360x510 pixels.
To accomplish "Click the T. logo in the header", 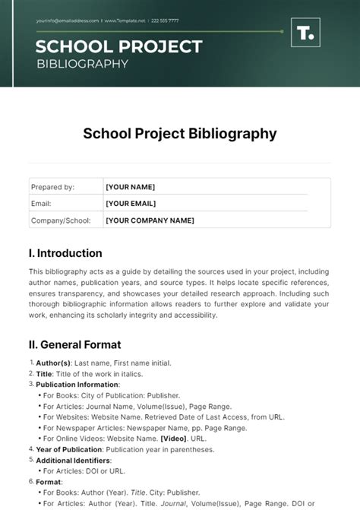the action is pyautogui.click(x=306, y=34).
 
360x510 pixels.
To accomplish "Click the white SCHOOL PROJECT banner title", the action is pyautogui.click(x=118, y=46).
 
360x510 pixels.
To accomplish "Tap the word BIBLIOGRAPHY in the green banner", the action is pyautogui.click(x=82, y=63).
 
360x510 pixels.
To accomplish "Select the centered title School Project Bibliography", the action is pyautogui.click(x=179, y=134).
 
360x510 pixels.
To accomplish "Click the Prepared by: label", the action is pyautogui.click(x=52, y=187).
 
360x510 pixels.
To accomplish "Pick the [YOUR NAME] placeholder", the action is pyautogui.click(x=131, y=187).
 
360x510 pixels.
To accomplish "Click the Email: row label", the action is pyautogui.click(x=41, y=204).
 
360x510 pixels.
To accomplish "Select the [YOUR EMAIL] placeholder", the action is pyautogui.click(x=131, y=204).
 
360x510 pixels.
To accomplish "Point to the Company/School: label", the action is pyautogui.click(x=61, y=220).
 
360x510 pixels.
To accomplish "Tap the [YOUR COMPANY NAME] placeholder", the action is pyautogui.click(x=150, y=220).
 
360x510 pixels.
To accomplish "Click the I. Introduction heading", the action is pyautogui.click(x=65, y=253).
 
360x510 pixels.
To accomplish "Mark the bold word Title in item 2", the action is pyautogui.click(x=45, y=374).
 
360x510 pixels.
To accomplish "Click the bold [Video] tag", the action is pyautogui.click(x=174, y=439).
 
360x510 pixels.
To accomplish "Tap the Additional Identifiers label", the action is pyautogui.click(x=73, y=460).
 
